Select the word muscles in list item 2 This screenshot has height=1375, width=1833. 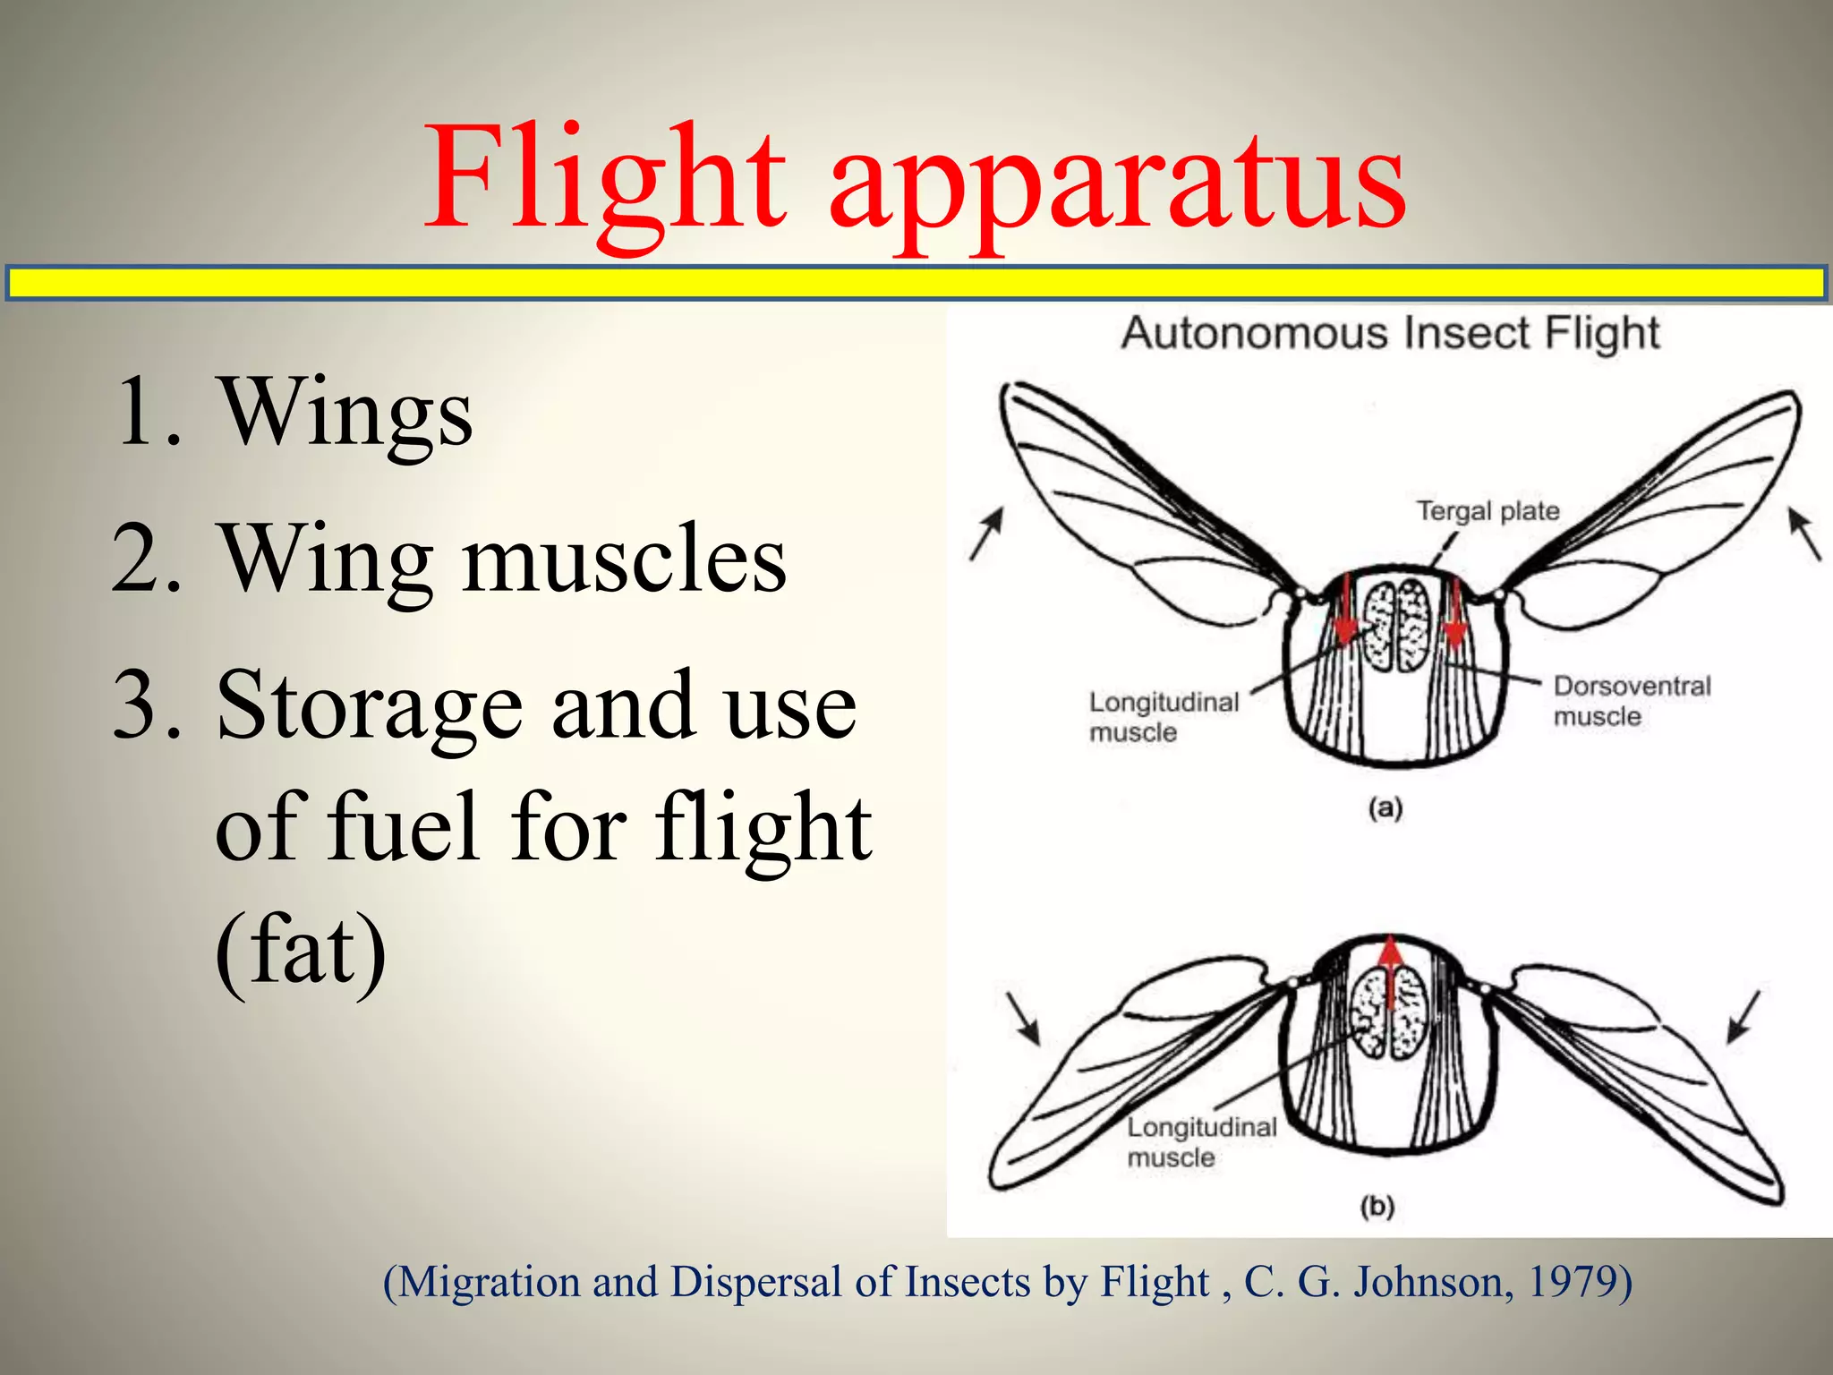pyautogui.click(x=624, y=559)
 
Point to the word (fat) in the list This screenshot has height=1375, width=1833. pyautogui.click(x=301, y=949)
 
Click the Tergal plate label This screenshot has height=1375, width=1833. pyautogui.click(x=1488, y=511)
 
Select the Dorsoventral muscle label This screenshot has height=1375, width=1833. pyautogui.click(x=1631, y=701)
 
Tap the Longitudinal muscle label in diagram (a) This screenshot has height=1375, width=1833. pyautogui.click(x=1163, y=716)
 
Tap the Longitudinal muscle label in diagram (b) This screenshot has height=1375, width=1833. pyautogui.click(x=1201, y=1141)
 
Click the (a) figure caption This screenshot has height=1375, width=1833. pyautogui.click(x=1385, y=809)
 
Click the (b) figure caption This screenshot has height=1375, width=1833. pyautogui.click(x=1377, y=1207)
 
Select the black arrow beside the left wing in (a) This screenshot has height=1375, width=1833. pyautogui.click(x=987, y=534)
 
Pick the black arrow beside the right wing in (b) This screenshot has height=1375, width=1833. pyautogui.click(x=1743, y=1017)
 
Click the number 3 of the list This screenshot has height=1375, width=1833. pyautogui.click(x=136, y=708)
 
